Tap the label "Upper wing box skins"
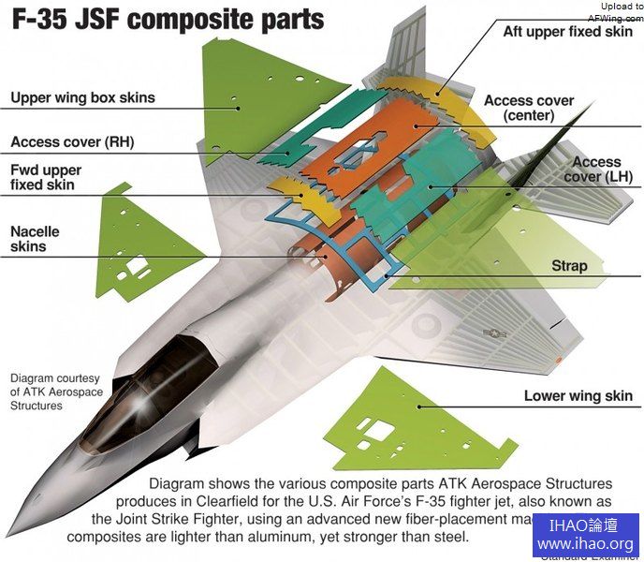82,97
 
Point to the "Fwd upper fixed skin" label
47,178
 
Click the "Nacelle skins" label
35,239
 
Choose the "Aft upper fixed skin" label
567,31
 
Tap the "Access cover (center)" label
529,108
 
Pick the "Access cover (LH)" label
596,170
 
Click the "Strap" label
569,266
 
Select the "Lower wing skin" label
578,396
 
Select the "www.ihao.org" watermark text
585,544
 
